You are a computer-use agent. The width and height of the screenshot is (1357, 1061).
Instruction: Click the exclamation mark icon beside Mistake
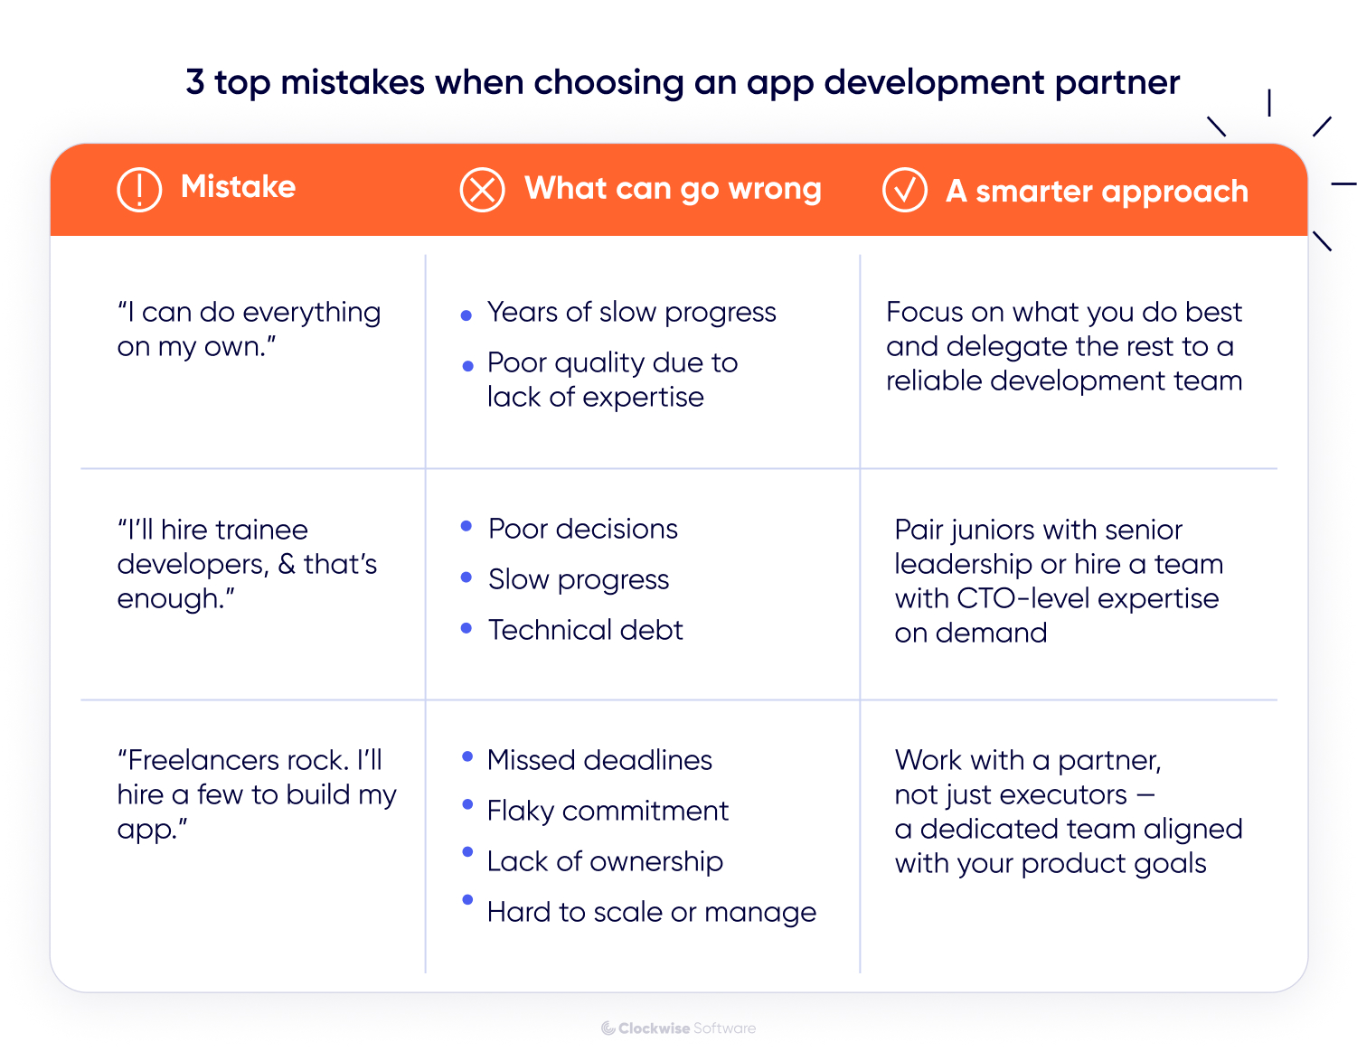click(139, 189)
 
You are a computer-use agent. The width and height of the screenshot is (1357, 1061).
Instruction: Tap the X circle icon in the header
click(482, 190)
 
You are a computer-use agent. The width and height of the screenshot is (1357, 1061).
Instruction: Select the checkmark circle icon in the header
click(904, 190)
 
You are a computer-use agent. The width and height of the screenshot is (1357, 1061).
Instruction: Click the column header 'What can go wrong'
click(673, 189)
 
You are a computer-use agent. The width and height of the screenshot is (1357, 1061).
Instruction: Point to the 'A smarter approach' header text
click(1097, 192)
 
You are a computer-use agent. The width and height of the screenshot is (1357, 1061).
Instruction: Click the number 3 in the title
click(195, 82)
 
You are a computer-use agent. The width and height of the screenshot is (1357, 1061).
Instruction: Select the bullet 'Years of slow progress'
click(631, 313)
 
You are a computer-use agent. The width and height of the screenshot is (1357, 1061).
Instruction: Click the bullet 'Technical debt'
click(585, 630)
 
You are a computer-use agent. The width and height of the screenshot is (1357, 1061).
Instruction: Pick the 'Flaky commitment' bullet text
click(608, 812)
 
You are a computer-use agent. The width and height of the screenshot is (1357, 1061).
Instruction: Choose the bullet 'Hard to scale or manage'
click(651, 913)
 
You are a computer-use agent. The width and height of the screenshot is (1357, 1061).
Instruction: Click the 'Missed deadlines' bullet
click(599, 760)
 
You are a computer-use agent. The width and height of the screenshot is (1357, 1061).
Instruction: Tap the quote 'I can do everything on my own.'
click(249, 329)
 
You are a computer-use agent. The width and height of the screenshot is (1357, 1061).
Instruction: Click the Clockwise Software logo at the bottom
click(678, 1028)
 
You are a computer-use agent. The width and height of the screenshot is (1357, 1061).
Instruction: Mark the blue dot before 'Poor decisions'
click(466, 526)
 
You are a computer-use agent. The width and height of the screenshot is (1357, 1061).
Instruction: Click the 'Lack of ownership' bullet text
click(605, 862)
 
